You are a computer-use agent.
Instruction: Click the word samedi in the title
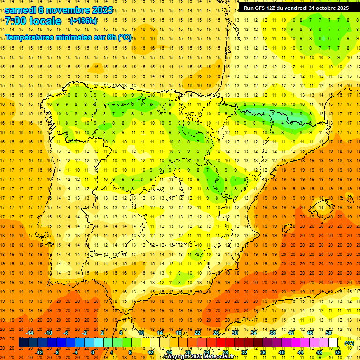pyautogui.click(x=21, y=9)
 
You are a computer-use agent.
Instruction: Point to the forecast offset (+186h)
pyautogui.click(x=83, y=21)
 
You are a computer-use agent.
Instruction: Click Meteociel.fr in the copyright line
pyautogui.click(x=217, y=357)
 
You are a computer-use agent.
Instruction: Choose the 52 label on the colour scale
pyautogui.click(x=338, y=352)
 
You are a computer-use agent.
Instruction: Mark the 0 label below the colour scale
pyautogui.click(x=93, y=352)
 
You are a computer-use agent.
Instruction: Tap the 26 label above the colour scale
pyautogui.click(x=216, y=333)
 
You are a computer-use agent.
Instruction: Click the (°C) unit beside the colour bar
pyautogui.click(x=349, y=343)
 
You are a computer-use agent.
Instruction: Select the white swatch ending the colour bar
pyautogui.click(x=333, y=343)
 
